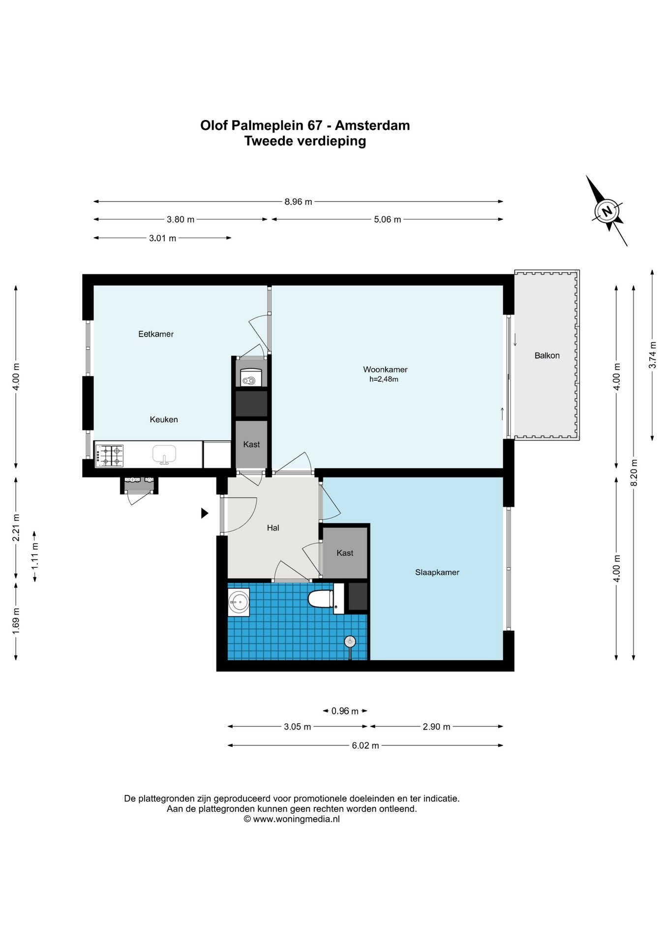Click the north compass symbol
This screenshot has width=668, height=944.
point(607,211)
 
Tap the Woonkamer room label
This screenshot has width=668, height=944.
point(385,369)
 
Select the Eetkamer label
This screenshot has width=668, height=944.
point(156,334)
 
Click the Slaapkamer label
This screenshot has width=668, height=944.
point(437,572)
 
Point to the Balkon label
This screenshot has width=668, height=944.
point(547,355)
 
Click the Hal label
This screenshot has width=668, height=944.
point(273,528)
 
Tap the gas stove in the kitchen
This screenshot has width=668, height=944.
point(109,455)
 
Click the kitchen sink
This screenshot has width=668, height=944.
point(164,454)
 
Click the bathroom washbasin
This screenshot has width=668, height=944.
point(239,602)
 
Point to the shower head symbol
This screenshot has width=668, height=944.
point(350,642)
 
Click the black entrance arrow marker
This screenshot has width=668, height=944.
point(205,513)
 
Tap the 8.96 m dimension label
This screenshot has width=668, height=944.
point(298,202)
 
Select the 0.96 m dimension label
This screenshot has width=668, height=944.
point(345,711)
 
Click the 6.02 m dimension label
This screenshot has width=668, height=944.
point(365,745)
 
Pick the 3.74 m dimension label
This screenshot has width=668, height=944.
point(652,355)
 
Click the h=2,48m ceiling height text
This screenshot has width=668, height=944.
point(384,379)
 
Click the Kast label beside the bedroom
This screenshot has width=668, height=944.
point(345,553)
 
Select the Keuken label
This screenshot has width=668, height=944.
point(164,419)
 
